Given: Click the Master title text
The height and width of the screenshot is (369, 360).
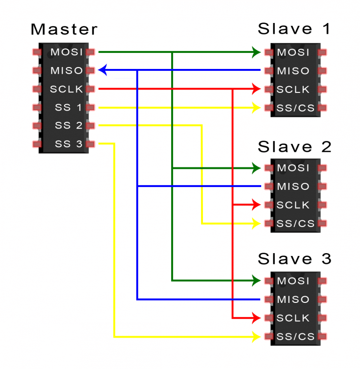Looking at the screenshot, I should tap(64, 30).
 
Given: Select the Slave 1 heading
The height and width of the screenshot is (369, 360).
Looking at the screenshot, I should tap(294, 29).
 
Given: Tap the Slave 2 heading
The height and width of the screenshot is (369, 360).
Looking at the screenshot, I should tap(294, 147).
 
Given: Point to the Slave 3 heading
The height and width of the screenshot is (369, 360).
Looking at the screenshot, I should tap(294, 259).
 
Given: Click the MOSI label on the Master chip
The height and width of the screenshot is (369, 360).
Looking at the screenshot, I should tap(67, 52).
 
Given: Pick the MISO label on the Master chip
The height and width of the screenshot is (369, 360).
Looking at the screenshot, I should tap(67, 71).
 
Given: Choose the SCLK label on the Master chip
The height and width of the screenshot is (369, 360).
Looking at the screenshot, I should tap(67, 89).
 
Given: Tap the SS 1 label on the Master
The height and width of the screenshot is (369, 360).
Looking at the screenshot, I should tap(68, 107).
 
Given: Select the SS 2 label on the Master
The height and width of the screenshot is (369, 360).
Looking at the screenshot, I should tap(68, 126).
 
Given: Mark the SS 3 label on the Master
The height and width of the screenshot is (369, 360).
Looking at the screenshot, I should tap(68, 144).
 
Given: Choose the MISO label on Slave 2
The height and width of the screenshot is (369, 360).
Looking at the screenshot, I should tap(293, 187).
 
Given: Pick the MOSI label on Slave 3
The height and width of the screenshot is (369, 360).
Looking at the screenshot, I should tap(293, 281).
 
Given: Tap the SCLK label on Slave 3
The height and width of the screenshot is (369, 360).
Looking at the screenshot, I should tap(293, 318).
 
